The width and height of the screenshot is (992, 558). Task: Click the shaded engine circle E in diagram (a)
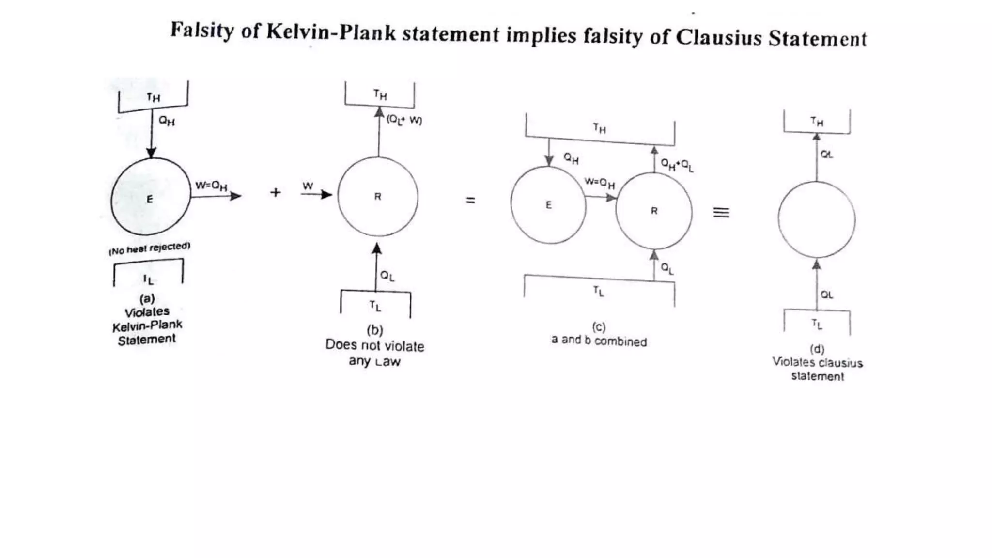pyautogui.click(x=151, y=197)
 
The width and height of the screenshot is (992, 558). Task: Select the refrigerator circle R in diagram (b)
pyautogui.click(x=378, y=197)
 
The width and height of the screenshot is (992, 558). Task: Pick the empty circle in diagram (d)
pyautogui.click(x=817, y=219)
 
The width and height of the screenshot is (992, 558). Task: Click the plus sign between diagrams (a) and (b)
pyautogui.click(x=276, y=193)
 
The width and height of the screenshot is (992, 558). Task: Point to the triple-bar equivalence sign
pyautogui.click(x=721, y=212)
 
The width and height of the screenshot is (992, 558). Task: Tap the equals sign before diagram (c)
pyautogui.click(x=470, y=200)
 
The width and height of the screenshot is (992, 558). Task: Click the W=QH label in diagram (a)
pyautogui.click(x=211, y=186)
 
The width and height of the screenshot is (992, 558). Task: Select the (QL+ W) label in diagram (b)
pyautogui.click(x=404, y=120)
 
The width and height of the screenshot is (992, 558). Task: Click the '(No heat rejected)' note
pyautogui.click(x=149, y=248)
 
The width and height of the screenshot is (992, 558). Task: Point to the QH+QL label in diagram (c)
pyautogui.click(x=677, y=165)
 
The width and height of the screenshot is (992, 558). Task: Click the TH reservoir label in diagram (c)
pyautogui.click(x=600, y=128)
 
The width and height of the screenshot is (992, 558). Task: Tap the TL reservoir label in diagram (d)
pyautogui.click(x=817, y=324)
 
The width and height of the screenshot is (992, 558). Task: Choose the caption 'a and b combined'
pyautogui.click(x=599, y=341)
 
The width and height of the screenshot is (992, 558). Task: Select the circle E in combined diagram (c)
pyautogui.click(x=548, y=205)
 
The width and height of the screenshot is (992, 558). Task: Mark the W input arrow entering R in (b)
pyautogui.click(x=317, y=195)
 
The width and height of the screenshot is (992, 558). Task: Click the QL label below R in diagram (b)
pyautogui.click(x=387, y=276)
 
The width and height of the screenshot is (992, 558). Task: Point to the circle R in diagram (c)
pyautogui.click(x=654, y=211)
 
